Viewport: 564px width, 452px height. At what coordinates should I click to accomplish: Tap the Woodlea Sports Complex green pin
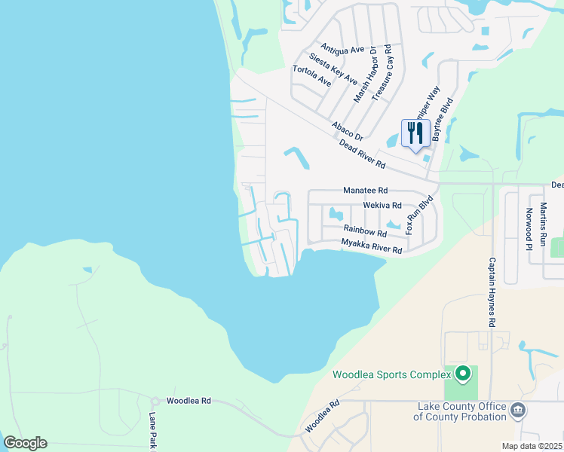click(x=463, y=373)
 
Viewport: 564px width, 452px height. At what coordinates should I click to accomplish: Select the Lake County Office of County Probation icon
click(x=518, y=410)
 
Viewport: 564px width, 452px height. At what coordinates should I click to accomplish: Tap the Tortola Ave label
click(x=311, y=75)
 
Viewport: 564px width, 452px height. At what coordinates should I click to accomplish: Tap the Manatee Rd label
click(x=365, y=191)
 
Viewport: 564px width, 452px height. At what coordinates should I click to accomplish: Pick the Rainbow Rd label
click(x=365, y=230)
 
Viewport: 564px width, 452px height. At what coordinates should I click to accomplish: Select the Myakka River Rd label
click(x=371, y=246)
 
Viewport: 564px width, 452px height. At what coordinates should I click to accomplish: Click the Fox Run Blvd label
click(x=421, y=215)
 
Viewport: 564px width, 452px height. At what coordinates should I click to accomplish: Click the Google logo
click(x=25, y=443)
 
